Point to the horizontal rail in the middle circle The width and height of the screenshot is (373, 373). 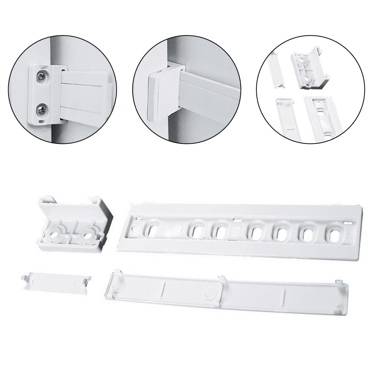pos(209,93)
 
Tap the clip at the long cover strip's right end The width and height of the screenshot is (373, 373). pos(339,283)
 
